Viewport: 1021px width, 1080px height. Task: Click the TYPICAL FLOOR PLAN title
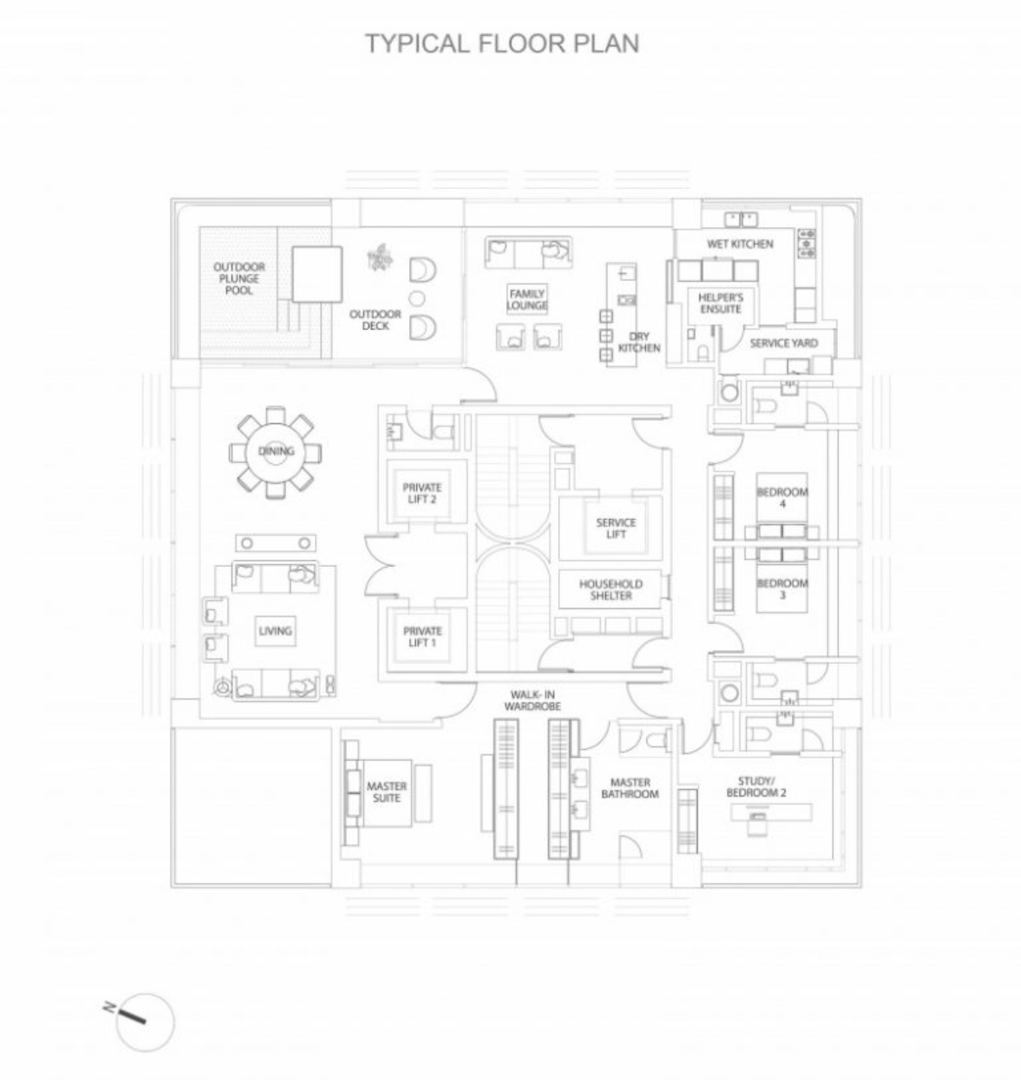coord(502,43)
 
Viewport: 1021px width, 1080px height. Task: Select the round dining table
coord(275,452)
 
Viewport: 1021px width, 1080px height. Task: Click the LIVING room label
coord(275,631)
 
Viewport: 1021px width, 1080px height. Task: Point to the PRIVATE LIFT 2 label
coord(422,494)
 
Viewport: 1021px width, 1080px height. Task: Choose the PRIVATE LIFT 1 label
coord(422,637)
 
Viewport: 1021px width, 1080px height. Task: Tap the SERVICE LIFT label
coord(616,529)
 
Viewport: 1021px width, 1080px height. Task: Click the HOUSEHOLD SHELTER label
coord(611,590)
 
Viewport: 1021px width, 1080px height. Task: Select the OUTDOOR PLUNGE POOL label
coord(239,278)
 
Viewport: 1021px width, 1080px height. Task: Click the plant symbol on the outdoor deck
coord(380,256)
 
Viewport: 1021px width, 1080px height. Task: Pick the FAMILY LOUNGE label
coord(527,300)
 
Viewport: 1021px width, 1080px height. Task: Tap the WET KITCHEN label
coord(739,244)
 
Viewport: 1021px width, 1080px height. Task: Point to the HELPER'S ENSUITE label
coord(721,303)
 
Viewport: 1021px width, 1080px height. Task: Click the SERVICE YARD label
coord(784,343)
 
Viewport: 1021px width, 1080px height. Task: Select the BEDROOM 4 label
coord(782,498)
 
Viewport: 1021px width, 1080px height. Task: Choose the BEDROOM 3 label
coord(782,589)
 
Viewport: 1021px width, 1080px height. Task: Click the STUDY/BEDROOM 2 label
coord(756,787)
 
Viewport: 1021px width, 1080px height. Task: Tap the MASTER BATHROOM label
coord(630,788)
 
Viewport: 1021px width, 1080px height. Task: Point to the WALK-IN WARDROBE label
coord(532,700)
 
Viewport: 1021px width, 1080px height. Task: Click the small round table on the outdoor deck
coord(418,298)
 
